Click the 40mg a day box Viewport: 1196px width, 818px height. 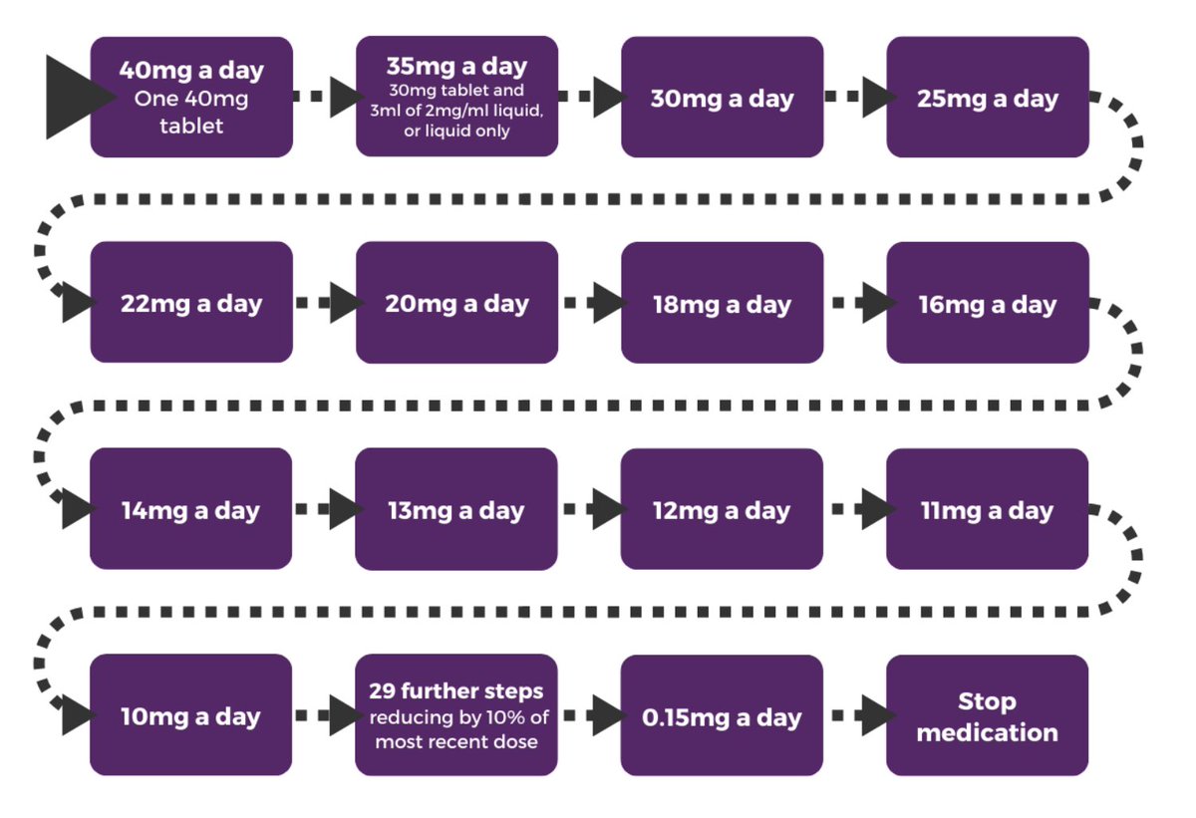click(191, 97)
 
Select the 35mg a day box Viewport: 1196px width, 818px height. click(456, 97)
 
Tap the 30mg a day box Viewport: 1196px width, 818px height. click(722, 97)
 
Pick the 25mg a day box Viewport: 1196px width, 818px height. click(987, 97)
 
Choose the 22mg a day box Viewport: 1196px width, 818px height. click(191, 303)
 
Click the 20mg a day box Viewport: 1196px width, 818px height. click(456, 303)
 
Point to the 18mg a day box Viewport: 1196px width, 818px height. click(722, 303)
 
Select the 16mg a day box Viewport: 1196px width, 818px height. click(987, 303)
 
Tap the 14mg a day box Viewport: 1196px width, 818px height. click(191, 509)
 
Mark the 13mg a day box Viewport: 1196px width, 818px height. click(456, 509)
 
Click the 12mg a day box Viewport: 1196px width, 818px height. click(722, 509)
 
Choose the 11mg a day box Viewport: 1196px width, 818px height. click(987, 509)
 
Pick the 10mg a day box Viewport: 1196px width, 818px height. click(191, 715)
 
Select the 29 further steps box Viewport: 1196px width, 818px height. click(456, 715)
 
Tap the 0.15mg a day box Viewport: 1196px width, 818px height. click(722, 715)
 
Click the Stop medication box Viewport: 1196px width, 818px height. click(987, 715)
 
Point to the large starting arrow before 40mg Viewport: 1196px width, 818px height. click(75, 97)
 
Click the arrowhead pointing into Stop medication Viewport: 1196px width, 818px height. click(877, 715)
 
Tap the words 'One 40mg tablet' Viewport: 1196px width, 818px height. click(191, 113)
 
